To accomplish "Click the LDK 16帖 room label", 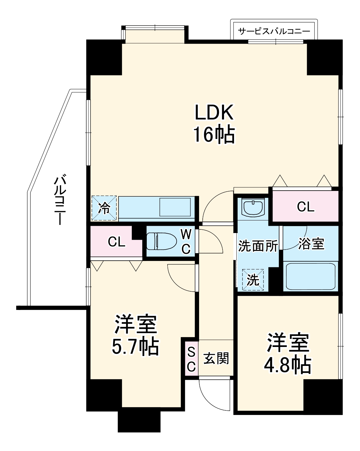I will pyautogui.click(x=214, y=123).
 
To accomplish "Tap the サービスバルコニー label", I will pyautogui.click(x=274, y=31).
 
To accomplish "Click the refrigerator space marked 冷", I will pyautogui.click(x=104, y=208).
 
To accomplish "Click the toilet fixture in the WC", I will pyautogui.click(x=161, y=241).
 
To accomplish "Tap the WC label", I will pyautogui.click(x=186, y=241).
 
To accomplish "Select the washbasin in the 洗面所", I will pyautogui.click(x=253, y=207).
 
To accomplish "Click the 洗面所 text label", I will pyautogui.click(x=258, y=246).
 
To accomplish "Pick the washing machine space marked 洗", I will pyautogui.click(x=253, y=280).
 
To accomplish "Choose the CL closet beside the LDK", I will pyautogui.click(x=306, y=207).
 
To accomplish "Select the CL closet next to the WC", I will pyautogui.click(x=116, y=241).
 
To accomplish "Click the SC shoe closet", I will pyautogui.click(x=192, y=359).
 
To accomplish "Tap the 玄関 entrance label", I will pyautogui.click(x=216, y=358).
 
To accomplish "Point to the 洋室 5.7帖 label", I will pyautogui.click(x=135, y=335).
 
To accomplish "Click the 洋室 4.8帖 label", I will pyautogui.click(x=288, y=353).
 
